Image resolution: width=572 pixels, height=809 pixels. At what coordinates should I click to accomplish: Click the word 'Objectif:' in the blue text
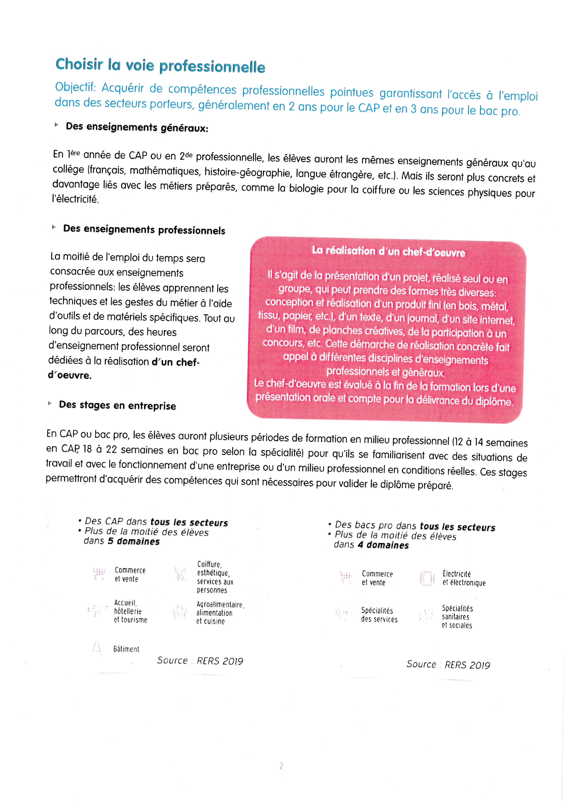point(75,87)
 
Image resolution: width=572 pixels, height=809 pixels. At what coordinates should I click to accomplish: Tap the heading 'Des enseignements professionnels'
point(144,230)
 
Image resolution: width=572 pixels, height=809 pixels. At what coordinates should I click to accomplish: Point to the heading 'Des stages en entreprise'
point(117,405)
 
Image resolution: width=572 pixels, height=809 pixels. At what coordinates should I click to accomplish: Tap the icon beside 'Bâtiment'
point(96,648)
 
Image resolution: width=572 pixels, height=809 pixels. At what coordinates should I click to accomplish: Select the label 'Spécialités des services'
point(379,615)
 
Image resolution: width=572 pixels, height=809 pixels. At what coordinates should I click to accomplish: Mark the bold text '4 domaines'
point(383,545)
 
